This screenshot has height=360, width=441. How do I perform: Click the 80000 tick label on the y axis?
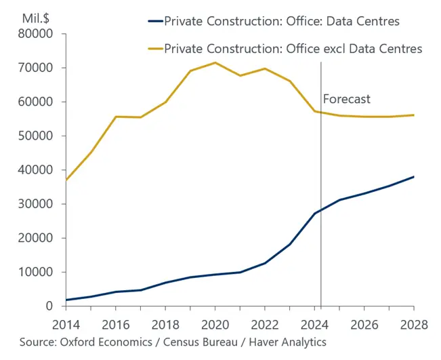pyautogui.click(x=35, y=34)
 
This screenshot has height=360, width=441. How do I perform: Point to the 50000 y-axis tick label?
pyautogui.click(x=35, y=136)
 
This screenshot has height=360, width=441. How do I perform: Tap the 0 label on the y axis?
pyautogui.click(x=49, y=306)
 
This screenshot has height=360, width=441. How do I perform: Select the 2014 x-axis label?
pyautogui.click(x=66, y=325)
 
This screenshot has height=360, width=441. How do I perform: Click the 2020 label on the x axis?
pyautogui.click(x=215, y=325)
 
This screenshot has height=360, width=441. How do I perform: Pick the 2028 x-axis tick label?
pyautogui.click(x=414, y=325)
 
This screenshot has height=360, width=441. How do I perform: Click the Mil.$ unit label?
pyautogui.click(x=36, y=18)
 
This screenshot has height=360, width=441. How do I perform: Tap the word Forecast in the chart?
pyautogui.click(x=347, y=99)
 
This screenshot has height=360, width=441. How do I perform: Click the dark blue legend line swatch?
pyautogui.click(x=156, y=21)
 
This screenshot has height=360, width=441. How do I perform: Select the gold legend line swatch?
pyautogui.click(x=156, y=49)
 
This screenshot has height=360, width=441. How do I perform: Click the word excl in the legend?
pyautogui.click(x=335, y=49)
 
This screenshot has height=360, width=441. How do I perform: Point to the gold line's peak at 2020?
pyautogui.click(x=215, y=62)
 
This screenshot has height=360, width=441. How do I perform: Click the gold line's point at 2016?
pyautogui.click(x=116, y=117)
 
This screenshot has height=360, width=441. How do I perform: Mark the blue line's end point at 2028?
pyautogui.click(x=414, y=177)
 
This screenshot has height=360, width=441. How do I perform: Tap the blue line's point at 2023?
pyautogui.click(x=290, y=244)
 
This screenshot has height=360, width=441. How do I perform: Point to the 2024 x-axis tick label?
pyautogui.click(x=314, y=325)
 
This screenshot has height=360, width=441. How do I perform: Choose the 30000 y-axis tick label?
pyautogui.click(x=35, y=204)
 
